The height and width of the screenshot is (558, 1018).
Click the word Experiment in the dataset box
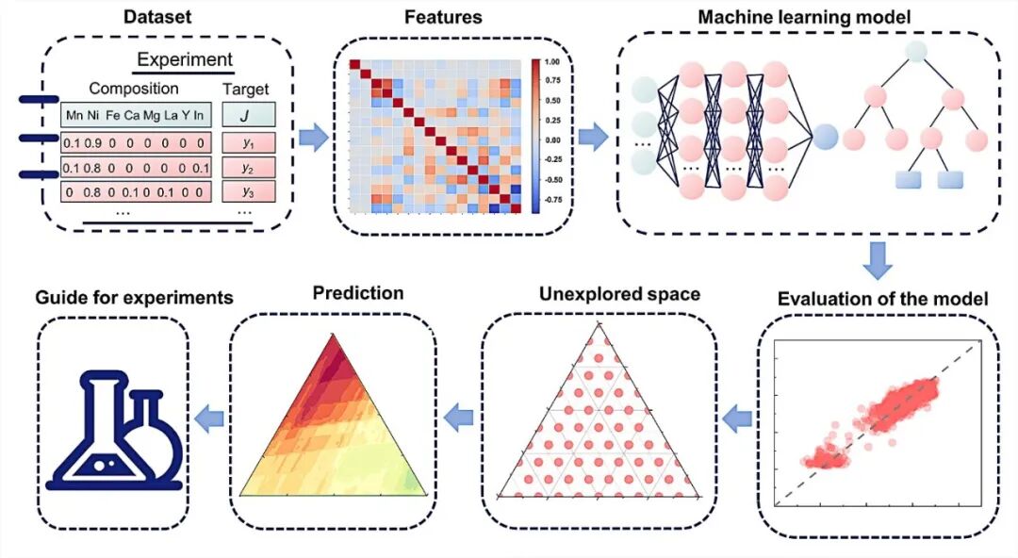point(184,60)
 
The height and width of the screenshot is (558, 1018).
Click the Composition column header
point(133,89)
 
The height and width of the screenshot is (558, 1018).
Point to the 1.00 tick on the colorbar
point(553,61)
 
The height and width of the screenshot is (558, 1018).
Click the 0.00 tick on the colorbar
point(553,139)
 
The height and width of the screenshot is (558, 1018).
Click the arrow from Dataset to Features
point(312,139)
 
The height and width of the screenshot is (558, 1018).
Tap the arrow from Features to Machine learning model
point(593,138)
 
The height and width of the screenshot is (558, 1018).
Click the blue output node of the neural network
point(825,138)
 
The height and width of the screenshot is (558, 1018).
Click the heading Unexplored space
point(619,294)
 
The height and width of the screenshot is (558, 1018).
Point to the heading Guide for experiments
point(134,297)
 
